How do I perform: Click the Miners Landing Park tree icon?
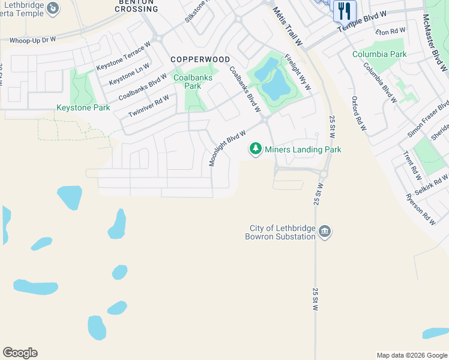tap(256, 149)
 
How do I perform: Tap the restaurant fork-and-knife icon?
tap(345, 10)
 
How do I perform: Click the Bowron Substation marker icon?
tap(325, 232)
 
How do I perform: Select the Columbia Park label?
tap(379, 54)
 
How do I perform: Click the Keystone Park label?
tap(83, 108)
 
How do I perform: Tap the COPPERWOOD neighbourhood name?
tap(200, 59)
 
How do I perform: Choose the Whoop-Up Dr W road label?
tap(32, 40)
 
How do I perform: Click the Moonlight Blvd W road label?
tap(228, 149)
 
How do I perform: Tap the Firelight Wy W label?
tap(298, 73)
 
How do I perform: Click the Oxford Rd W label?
tap(358, 113)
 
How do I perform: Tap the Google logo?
tap(20, 353)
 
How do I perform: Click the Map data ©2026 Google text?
tap(412, 355)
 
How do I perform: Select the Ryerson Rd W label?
tap(420, 209)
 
